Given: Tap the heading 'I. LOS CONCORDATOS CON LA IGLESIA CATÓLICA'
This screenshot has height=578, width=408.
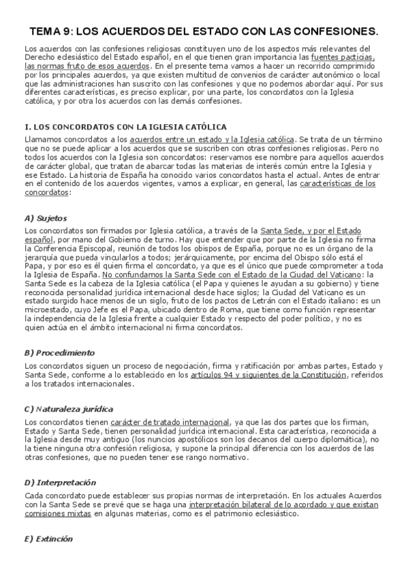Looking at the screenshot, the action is tap(125, 127).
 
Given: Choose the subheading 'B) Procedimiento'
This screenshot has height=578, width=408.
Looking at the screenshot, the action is tap(59, 352).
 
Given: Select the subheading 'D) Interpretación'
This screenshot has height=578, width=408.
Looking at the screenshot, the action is tap(59, 483).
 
